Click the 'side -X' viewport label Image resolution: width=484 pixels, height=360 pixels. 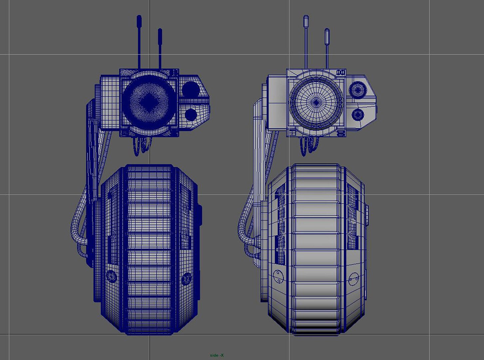point(217,355)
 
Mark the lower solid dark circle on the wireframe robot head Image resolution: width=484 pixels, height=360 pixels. point(191,114)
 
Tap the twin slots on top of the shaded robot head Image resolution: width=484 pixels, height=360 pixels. point(340,72)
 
